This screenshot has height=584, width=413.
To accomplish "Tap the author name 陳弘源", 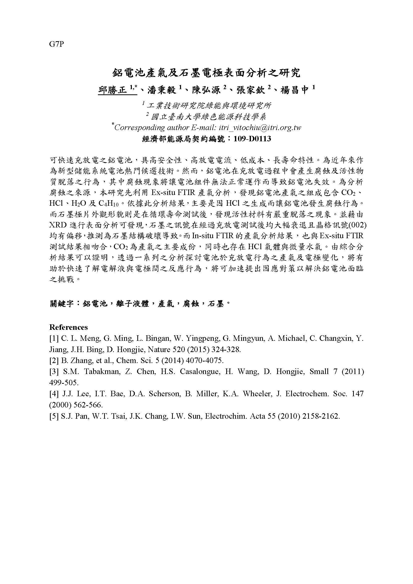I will click(206, 90).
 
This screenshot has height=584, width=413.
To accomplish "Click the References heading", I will click(68, 327).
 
